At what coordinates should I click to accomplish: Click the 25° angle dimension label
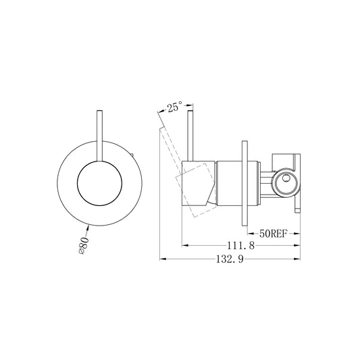coord(174,107)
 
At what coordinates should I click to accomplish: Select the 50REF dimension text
coord(274,234)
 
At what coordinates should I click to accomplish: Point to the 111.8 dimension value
coord(240,245)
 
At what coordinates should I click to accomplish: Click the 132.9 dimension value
coord(230,259)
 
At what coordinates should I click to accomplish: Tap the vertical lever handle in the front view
coord(100,136)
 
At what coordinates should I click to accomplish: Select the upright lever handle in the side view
coord(190,136)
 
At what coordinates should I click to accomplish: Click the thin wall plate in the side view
coord(245,183)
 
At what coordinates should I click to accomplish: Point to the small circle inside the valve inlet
coord(286,178)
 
